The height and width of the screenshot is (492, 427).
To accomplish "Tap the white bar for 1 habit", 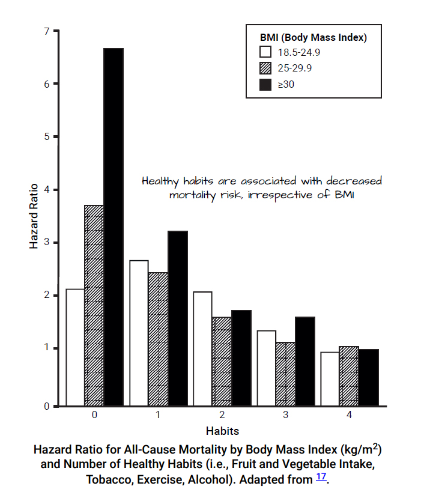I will tap(139, 333).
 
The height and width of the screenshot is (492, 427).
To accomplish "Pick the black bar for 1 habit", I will tap(177, 318).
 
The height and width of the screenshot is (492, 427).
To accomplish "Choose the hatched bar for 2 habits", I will tap(222, 361).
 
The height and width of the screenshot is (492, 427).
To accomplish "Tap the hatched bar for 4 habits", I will tap(348, 376).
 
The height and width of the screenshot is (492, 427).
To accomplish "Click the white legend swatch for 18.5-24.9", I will tap(265, 52).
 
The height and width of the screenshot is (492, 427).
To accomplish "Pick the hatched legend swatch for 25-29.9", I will tap(265, 68).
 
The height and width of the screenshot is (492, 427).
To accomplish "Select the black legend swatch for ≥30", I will tap(265, 84).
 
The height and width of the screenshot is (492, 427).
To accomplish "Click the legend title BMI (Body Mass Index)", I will tap(313, 37).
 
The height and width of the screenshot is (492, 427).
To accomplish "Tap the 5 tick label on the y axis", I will tap(46, 136).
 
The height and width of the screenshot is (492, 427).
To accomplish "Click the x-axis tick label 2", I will tap(222, 415).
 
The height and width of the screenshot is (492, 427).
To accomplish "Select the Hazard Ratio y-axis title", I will tap(34, 216).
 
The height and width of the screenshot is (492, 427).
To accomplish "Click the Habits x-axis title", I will tap(222, 431).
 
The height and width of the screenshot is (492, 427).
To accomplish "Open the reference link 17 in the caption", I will tap(322, 478).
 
